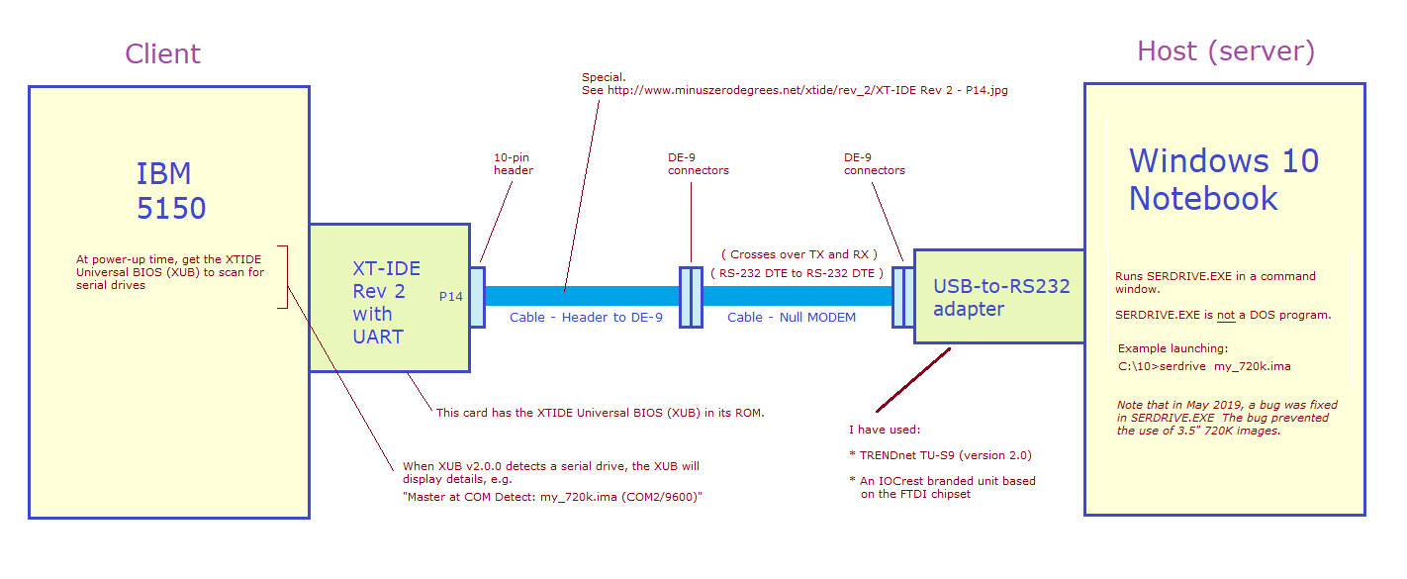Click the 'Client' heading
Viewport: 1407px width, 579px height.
pos(162,53)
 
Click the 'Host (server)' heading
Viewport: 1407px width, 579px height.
pos(1225,51)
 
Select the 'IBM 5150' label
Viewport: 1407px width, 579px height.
pos(170,191)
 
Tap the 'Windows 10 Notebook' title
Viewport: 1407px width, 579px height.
pos(1223,179)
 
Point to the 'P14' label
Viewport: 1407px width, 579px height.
pos(451,296)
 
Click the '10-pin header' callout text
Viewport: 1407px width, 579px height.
pos(513,163)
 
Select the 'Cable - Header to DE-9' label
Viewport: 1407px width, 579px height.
pos(586,318)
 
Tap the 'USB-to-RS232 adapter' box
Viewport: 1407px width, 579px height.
pos(1000,297)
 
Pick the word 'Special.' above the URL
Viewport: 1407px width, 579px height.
pos(604,76)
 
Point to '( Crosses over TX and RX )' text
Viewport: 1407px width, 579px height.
pos(798,254)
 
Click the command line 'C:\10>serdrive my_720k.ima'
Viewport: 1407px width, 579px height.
pos(1204,366)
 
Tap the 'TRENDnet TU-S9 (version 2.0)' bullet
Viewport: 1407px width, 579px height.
pos(940,455)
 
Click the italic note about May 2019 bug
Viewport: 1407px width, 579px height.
pos(1227,418)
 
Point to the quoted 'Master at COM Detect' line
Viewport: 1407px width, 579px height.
pos(551,497)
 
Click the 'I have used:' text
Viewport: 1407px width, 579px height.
pos(885,430)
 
